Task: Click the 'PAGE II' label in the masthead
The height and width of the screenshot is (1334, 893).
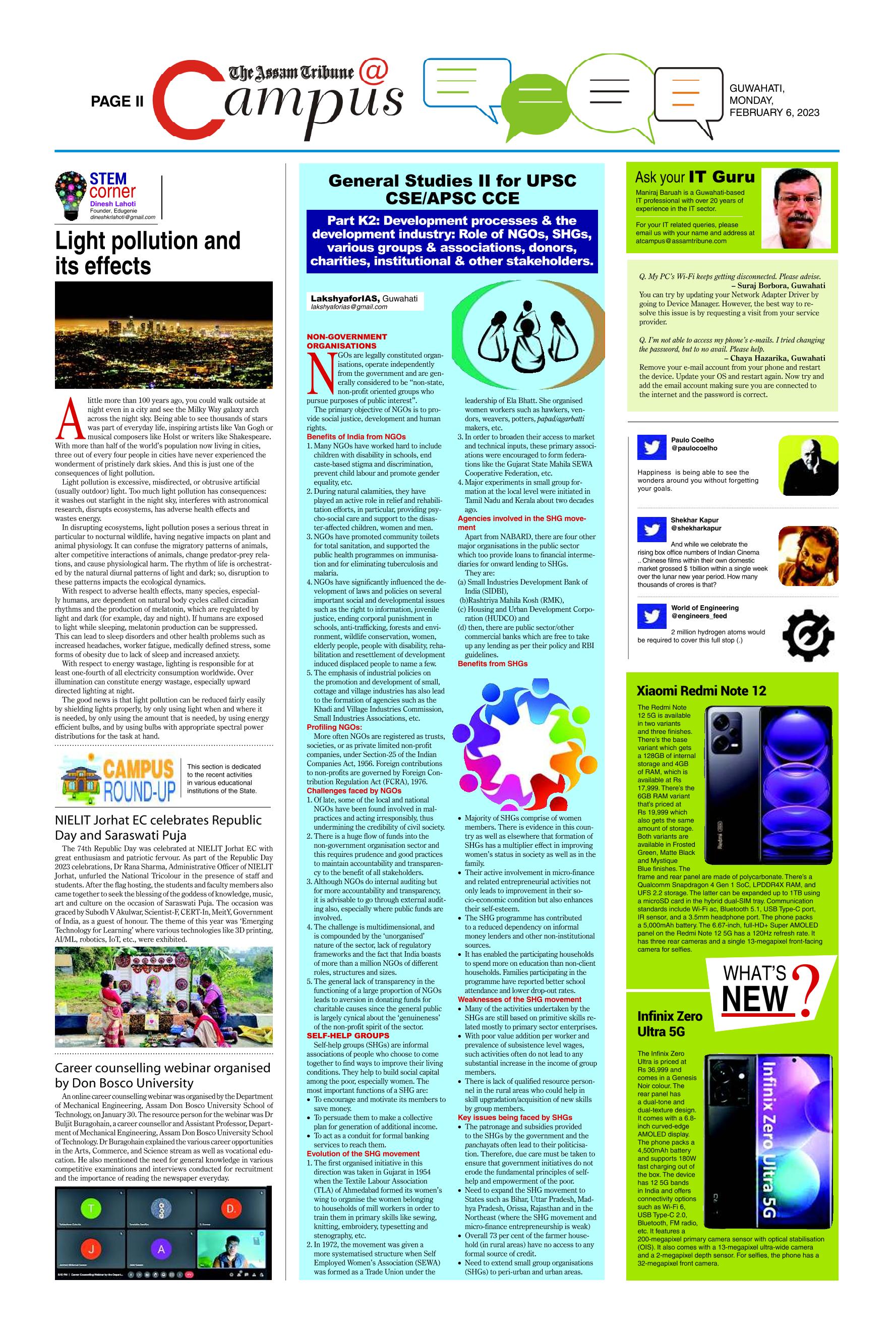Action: coord(117,101)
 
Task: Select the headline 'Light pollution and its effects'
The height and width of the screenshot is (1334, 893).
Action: coord(148,253)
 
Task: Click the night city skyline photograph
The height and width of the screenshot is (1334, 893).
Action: coord(163,335)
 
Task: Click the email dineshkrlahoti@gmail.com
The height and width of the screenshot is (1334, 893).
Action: coord(123,217)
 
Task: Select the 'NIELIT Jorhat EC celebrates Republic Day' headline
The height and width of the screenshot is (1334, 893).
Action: coord(158,828)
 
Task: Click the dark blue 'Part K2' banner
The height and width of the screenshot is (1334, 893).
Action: coord(452,241)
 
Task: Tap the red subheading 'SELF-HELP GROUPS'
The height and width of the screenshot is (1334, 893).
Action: coord(348,1035)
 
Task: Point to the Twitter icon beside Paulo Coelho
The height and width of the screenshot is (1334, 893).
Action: coord(651,447)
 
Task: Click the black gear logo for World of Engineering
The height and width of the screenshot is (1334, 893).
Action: coord(808,635)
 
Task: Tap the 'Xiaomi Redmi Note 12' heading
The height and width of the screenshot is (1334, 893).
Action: coord(701,691)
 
